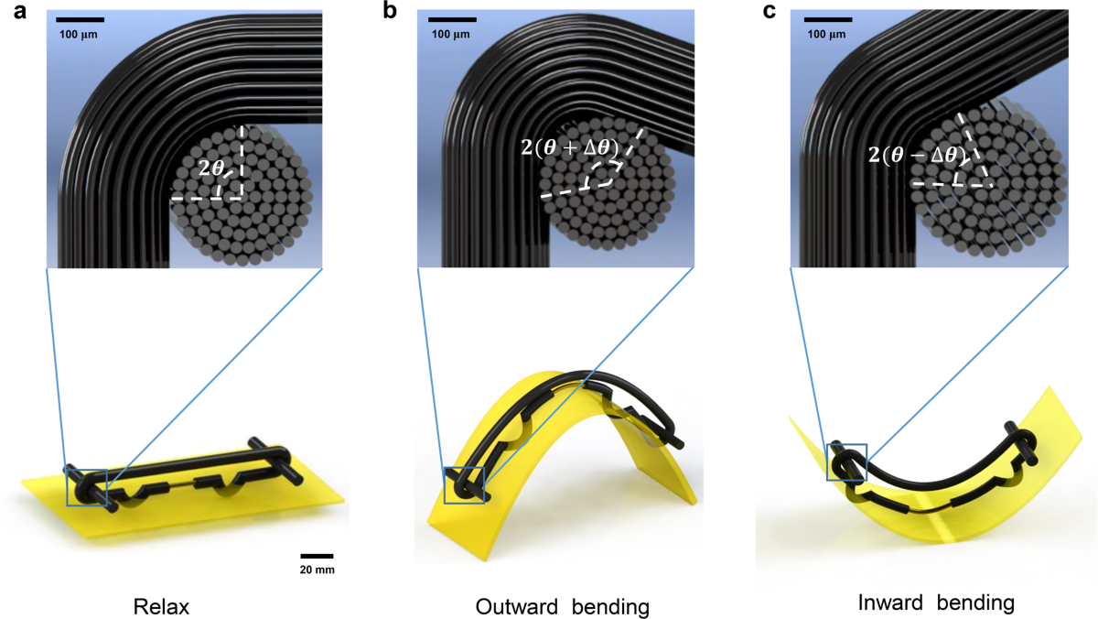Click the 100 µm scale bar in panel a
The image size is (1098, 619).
pos(79,18)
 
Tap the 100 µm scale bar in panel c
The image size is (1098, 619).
pos(828,18)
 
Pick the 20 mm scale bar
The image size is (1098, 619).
pos(316,555)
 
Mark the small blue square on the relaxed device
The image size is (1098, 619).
pos(87,486)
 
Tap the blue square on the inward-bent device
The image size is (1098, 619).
pos(846,461)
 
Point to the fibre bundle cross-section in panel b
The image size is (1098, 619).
pos(608,192)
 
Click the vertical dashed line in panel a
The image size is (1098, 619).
pos(242,160)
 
